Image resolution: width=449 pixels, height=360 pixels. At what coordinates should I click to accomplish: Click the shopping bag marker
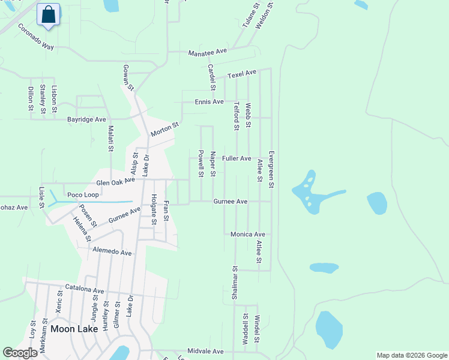[49, 15]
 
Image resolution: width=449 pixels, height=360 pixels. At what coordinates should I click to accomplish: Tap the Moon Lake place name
[74, 329]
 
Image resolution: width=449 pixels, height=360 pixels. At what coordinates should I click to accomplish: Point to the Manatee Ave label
[208, 53]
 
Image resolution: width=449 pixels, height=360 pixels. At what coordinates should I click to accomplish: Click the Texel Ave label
[242, 74]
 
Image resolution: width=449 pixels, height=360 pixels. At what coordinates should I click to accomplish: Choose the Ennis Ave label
[209, 102]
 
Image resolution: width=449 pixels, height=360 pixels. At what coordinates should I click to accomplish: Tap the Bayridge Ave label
[86, 119]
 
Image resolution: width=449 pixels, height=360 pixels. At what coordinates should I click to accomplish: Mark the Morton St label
[165, 129]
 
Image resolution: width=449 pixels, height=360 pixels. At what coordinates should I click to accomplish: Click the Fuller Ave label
[237, 158]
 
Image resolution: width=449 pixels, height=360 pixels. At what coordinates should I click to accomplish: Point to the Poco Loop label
[83, 195]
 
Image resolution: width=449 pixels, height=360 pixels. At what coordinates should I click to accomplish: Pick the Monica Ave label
[248, 234]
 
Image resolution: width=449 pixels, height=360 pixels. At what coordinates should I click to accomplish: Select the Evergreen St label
[271, 169]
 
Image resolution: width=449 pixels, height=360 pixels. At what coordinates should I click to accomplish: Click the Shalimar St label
[235, 283]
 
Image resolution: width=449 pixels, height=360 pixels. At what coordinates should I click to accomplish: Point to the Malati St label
[110, 139]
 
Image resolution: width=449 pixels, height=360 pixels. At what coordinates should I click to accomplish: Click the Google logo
[20, 353]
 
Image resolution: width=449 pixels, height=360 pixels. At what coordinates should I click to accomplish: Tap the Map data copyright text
[411, 355]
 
